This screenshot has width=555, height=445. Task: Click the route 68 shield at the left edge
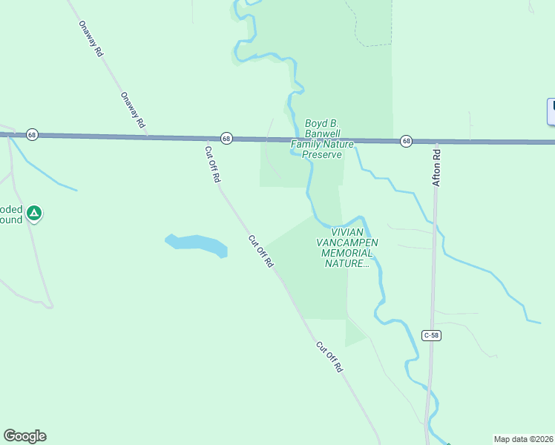click(x=31, y=134)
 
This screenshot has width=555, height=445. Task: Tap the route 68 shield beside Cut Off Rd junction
click(x=226, y=138)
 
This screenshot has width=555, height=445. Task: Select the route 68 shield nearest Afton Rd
click(x=406, y=140)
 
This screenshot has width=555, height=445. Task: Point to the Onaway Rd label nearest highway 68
click(x=133, y=110)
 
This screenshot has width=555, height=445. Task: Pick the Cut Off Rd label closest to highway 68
click(x=212, y=164)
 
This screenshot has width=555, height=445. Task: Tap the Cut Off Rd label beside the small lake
click(x=261, y=252)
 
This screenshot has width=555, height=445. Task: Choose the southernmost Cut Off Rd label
click(x=330, y=357)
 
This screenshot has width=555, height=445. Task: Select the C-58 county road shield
click(x=432, y=335)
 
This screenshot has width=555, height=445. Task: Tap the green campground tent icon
click(x=33, y=214)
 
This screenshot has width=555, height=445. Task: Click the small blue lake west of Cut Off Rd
click(x=196, y=244)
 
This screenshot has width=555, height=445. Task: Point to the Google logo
click(x=24, y=436)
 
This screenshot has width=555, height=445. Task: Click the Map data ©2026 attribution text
click(x=524, y=439)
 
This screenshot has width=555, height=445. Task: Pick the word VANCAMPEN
click(x=347, y=243)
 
